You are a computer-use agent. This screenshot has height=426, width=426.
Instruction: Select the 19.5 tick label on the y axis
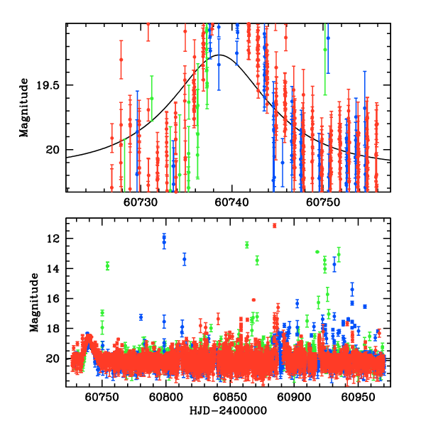coord(50,85)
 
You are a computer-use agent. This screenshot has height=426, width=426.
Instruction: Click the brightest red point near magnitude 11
coord(274,225)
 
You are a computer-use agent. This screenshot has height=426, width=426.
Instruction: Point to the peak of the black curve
coord(221,55)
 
